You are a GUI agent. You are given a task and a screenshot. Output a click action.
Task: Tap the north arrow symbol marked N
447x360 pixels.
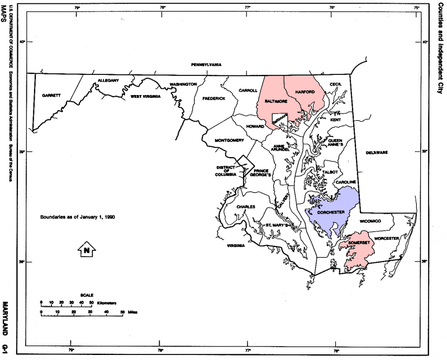point(87,250)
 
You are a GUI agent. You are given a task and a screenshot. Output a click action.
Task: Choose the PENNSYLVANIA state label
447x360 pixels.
point(206,64)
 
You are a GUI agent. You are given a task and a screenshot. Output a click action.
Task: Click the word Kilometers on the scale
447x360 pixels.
point(107,302)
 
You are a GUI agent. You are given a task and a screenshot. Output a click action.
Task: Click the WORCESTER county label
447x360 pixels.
point(387,238)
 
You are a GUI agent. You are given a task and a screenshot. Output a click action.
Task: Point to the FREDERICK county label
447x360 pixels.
point(214,98)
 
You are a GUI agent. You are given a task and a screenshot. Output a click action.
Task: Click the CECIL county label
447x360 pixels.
point(335,84)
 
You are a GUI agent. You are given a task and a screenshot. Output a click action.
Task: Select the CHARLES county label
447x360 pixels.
point(246,207)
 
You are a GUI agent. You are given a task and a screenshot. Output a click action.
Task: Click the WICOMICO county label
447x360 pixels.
point(370,221)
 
